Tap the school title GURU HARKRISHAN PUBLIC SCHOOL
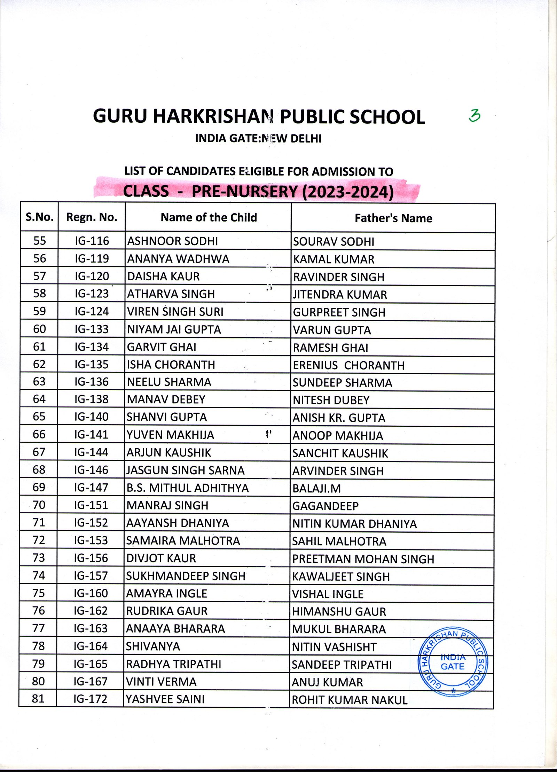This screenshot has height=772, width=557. (x=259, y=116)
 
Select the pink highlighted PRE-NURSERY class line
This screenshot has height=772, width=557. (x=258, y=192)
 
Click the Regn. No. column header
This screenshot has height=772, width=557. (x=92, y=217)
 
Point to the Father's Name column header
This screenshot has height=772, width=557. (x=393, y=218)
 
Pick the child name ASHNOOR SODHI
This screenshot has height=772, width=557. (x=173, y=241)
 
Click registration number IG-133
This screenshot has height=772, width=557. (x=92, y=329)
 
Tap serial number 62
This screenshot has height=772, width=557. (x=39, y=364)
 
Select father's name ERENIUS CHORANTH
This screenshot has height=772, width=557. (x=348, y=365)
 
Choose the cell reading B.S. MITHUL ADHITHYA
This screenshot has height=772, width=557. (x=188, y=488)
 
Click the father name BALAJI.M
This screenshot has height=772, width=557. (x=316, y=489)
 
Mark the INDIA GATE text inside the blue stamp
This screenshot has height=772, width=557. (x=453, y=662)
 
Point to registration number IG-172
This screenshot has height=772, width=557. (x=91, y=699)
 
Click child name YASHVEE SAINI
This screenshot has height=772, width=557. (x=165, y=699)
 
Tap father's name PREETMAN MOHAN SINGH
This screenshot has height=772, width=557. (x=363, y=559)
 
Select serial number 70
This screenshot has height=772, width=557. (x=39, y=505)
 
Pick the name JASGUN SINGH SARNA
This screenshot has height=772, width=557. (x=186, y=471)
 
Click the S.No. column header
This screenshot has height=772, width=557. (x=40, y=217)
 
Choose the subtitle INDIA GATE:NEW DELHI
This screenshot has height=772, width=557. (x=258, y=138)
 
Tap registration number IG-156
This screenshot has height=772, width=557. (x=91, y=558)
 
